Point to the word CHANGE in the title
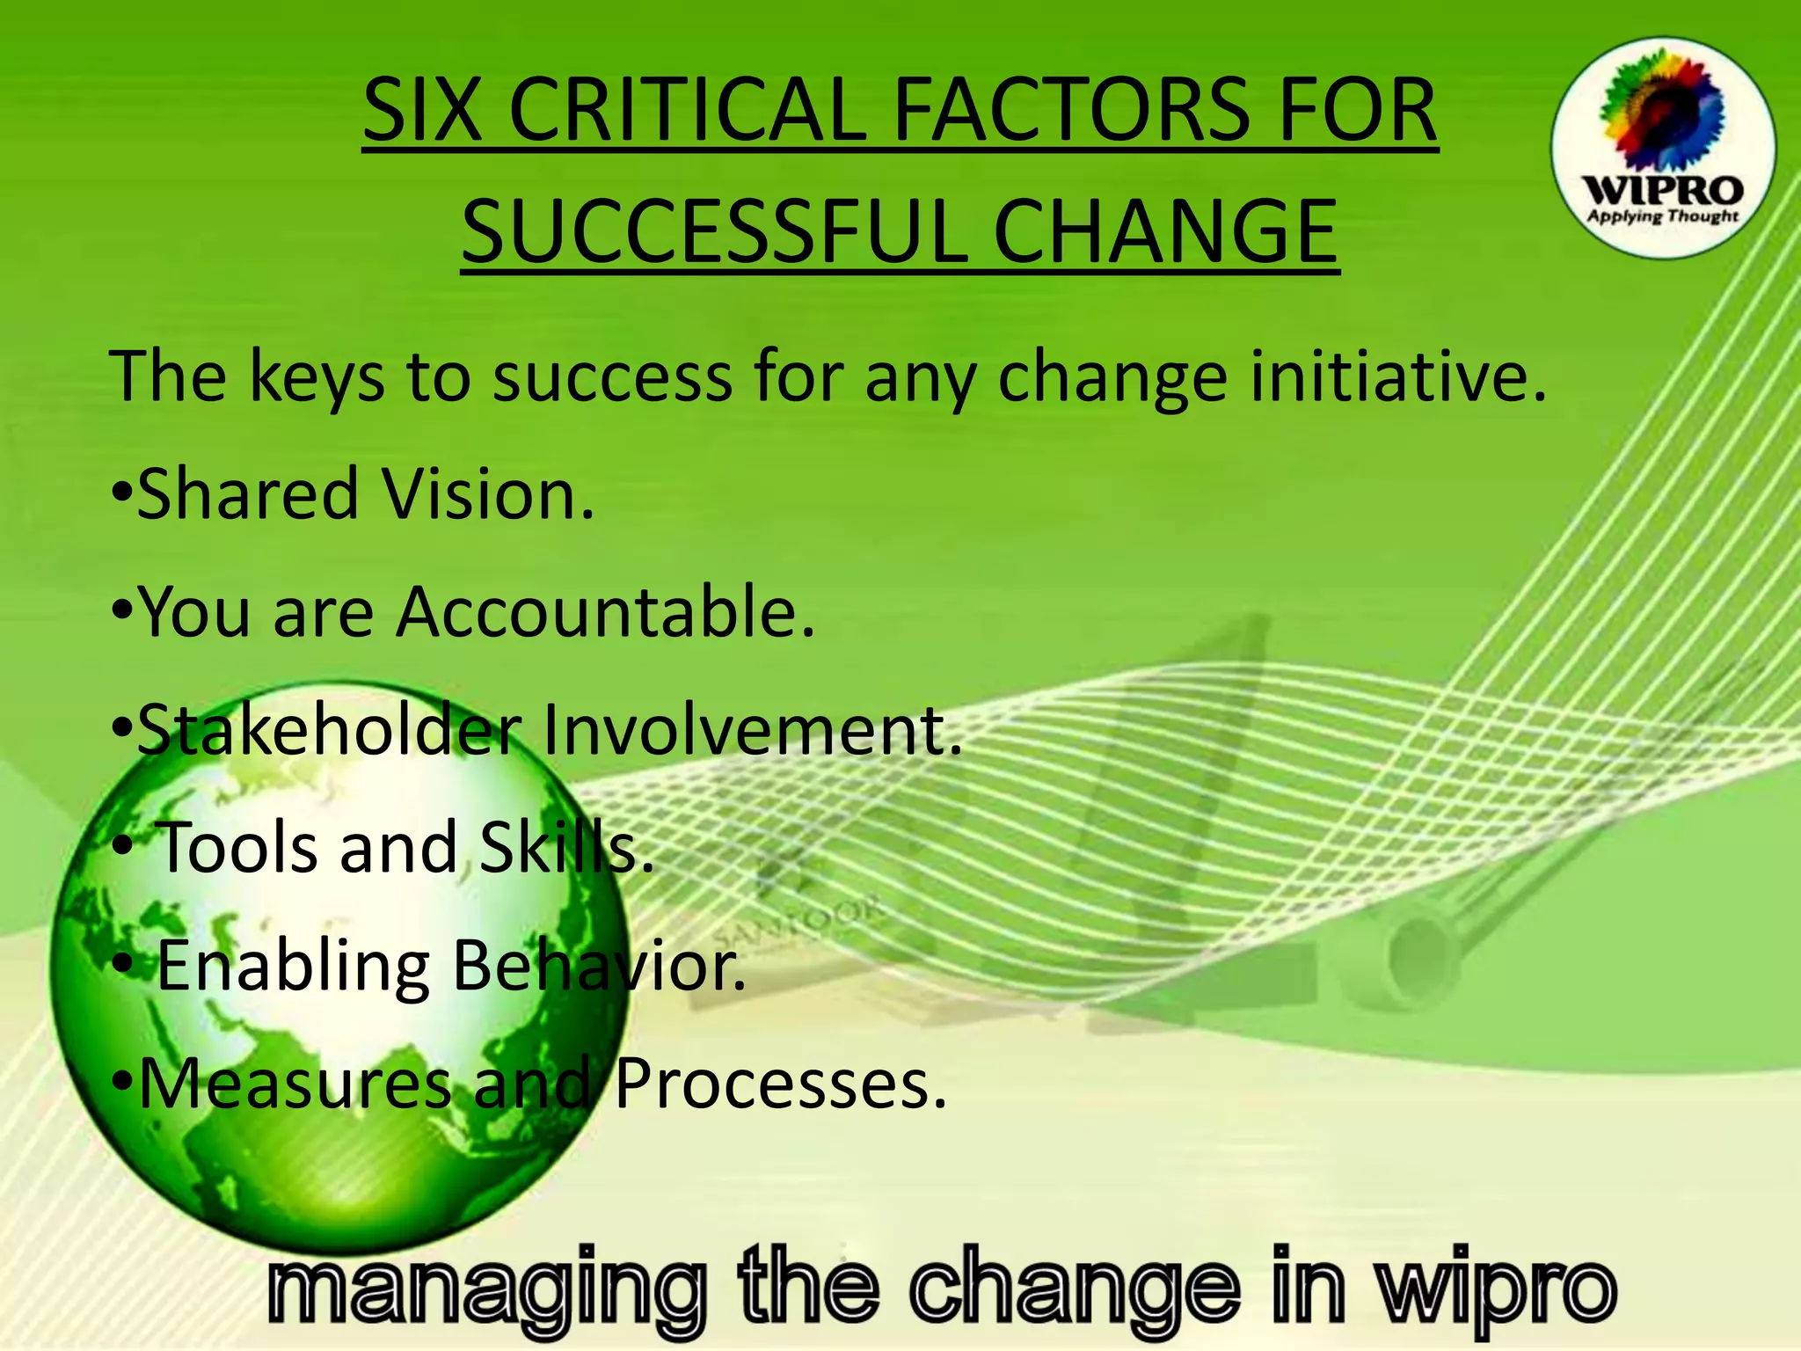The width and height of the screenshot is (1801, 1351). tap(1164, 230)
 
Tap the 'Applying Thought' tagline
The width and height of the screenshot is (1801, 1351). tap(1662, 216)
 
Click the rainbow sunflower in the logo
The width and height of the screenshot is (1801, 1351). tap(1660, 110)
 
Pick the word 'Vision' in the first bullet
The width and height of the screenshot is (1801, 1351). tap(488, 494)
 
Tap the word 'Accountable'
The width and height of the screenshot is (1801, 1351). tap(605, 612)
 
